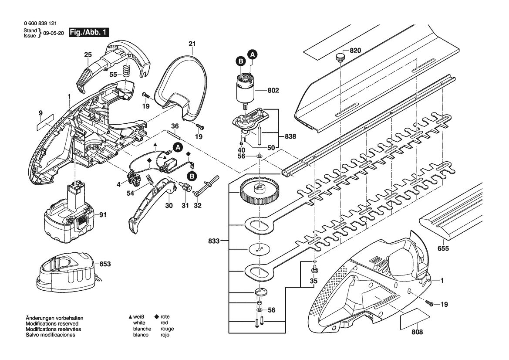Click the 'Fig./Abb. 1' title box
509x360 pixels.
click(89, 33)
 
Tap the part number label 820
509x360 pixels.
click(355, 51)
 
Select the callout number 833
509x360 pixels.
click(214, 241)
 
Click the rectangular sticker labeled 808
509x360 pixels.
click(415, 319)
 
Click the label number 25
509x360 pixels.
click(88, 55)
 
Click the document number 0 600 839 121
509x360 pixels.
click(40, 24)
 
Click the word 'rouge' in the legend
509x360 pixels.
click(167, 329)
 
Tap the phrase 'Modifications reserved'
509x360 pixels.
click(52, 324)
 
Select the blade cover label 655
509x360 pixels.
click(443, 248)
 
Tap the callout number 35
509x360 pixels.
click(313, 281)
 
